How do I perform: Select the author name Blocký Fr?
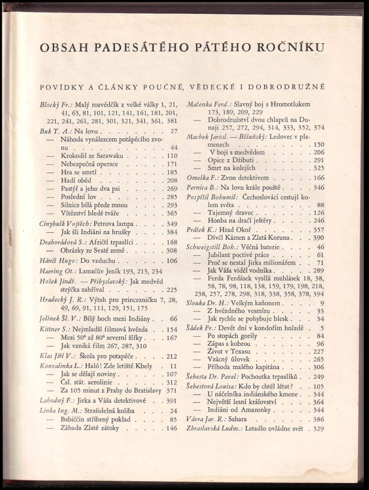55,104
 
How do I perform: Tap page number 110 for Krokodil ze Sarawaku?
171,156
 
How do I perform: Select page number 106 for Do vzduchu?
172,261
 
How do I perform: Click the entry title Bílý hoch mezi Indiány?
113,319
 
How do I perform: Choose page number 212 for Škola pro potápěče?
172,356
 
